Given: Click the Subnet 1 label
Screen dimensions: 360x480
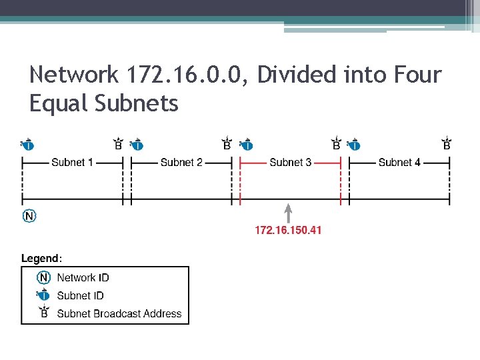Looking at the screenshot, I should point(72,162).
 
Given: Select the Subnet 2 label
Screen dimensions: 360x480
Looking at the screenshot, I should point(181,162).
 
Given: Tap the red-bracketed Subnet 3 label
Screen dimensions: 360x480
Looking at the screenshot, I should point(290,162).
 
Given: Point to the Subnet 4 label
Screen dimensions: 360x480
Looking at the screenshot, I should point(399,162).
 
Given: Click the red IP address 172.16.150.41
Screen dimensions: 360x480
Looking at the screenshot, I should point(288,230).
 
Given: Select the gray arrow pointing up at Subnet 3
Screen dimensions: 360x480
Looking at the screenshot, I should point(288,213).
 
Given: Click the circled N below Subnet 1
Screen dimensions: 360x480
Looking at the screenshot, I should point(29,215).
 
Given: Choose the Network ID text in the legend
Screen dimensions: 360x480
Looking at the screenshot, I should point(83,277).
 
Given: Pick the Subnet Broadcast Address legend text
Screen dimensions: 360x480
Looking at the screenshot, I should point(119,313).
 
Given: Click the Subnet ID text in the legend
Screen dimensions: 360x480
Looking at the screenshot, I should point(80,295).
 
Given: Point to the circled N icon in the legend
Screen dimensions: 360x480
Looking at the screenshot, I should point(44,277).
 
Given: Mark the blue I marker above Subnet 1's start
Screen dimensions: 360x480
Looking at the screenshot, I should point(28,144).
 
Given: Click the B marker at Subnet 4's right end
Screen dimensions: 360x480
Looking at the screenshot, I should point(447,144).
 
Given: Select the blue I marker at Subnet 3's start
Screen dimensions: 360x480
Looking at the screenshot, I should point(246,144).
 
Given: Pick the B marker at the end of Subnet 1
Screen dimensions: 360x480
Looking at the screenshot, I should point(118,144).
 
